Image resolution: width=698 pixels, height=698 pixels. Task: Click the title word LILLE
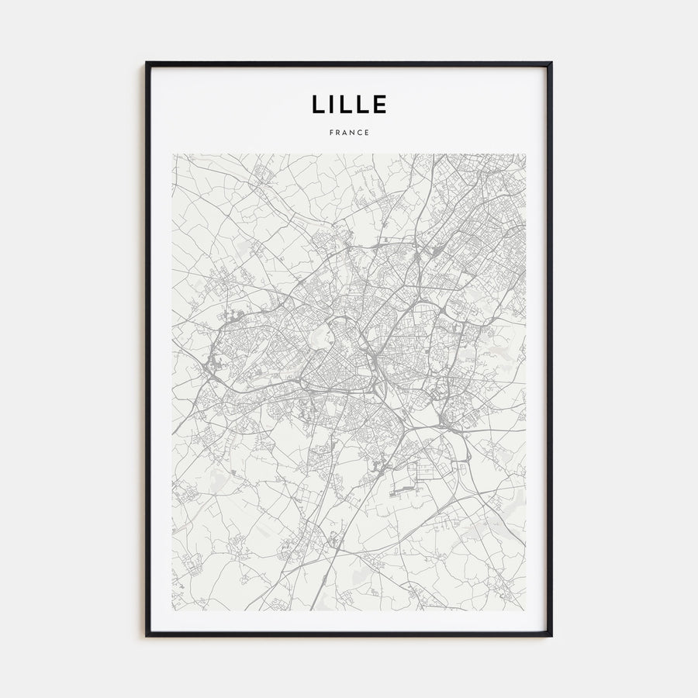349,104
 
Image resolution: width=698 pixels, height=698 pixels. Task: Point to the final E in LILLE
379,104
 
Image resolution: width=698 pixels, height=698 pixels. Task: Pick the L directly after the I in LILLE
348,104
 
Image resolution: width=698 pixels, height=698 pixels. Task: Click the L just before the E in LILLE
364,104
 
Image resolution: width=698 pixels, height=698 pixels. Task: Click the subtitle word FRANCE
349,133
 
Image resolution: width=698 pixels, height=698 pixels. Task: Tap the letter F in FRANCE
331,133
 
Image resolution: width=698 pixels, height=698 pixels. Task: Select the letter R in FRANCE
338,133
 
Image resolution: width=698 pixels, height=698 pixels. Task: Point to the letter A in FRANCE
346,133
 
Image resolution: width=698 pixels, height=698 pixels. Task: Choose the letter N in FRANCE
353,133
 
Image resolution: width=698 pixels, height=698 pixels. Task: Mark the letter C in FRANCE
360,133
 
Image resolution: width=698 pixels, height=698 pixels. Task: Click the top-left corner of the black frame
147,63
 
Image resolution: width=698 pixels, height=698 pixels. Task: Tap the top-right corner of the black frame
551,63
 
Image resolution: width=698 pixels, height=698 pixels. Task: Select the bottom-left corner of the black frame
147,635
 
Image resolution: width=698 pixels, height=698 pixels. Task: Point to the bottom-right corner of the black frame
551,635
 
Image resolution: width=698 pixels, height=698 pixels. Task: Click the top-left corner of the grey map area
172,154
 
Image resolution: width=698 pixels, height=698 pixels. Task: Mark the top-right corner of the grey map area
525,154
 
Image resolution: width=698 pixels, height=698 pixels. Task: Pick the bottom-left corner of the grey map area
172,610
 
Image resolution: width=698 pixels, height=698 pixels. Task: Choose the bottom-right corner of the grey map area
525,610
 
